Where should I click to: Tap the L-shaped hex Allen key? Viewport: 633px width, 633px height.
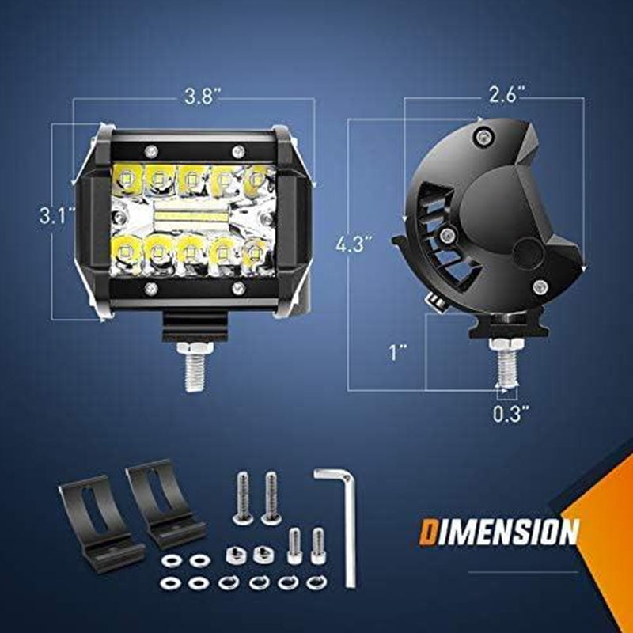pos(340,522)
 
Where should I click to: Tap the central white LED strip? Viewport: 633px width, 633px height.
pos(190,214)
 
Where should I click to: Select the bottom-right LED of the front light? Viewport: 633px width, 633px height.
pos(255,253)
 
